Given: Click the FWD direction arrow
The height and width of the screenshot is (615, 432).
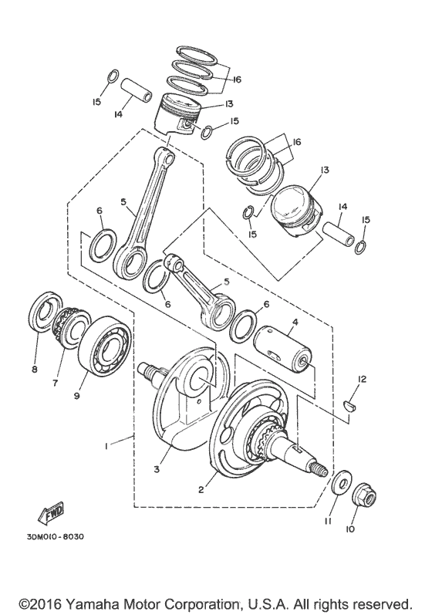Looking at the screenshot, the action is (x=51, y=515).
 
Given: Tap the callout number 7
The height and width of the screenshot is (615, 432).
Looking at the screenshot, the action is (x=55, y=382).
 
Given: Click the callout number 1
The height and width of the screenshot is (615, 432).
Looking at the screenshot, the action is (x=106, y=446).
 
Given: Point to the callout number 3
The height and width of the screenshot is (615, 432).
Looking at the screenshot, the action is (x=157, y=468).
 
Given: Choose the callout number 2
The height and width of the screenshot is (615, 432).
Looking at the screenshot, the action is (x=201, y=489).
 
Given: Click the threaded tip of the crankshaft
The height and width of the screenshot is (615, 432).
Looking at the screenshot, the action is (x=319, y=471).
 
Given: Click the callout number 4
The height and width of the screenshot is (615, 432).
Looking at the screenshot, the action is (x=295, y=322).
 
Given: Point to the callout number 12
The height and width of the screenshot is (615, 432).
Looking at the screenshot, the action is (x=361, y=380).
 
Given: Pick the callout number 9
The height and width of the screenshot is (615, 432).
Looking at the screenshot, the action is (x=77, y=396).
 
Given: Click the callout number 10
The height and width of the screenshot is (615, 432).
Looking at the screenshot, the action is (x=350, y=529).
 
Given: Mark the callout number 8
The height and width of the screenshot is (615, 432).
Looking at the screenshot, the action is (x=35, y=370).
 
